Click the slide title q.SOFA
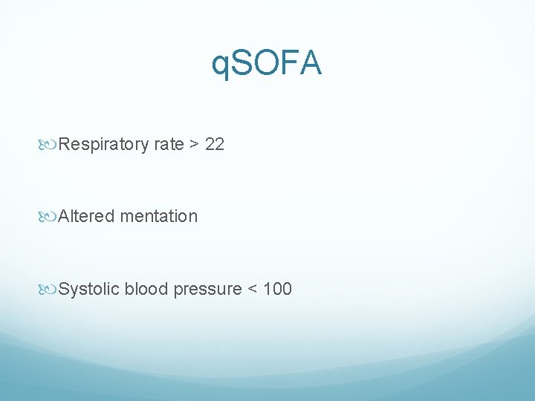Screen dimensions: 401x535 point(267,64)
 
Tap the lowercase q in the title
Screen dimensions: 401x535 point(221,66)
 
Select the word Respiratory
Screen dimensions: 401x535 point(103,144)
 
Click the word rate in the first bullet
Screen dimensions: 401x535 point(169,144)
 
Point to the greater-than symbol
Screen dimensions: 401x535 point(194,144)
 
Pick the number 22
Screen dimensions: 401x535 point(214,144)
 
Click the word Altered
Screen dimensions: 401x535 point(86,216)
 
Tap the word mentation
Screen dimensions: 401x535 point(158,216)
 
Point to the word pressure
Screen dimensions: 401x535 point(207,289)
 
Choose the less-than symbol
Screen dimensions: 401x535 point(253,289)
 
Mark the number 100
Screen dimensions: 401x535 point(277,289)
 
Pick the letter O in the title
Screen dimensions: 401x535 point(268,64)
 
